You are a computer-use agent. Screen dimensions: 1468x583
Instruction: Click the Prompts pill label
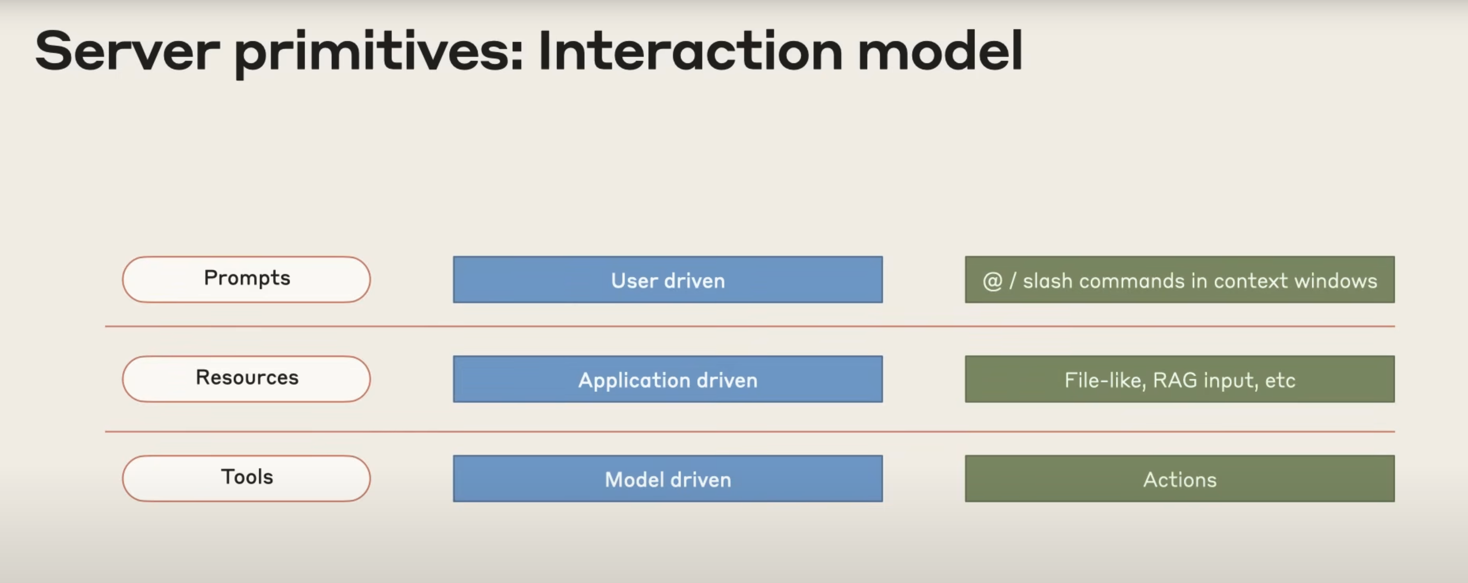246,279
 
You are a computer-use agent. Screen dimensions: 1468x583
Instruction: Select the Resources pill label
246,378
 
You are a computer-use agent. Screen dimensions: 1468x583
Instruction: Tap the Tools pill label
246,478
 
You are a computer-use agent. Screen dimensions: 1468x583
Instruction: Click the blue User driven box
668,279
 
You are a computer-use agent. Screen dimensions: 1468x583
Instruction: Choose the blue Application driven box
668,379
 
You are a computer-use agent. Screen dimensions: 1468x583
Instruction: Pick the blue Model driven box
668,478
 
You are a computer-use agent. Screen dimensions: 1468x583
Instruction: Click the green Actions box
1180,478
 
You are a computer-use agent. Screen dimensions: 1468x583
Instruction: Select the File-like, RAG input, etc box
1180,379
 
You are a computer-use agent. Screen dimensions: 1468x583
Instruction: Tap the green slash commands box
1180,279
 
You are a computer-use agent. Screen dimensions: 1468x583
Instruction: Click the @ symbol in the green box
992,281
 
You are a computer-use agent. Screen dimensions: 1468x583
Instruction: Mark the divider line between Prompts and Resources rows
750,326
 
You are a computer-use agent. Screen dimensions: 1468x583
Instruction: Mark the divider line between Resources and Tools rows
750,431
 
